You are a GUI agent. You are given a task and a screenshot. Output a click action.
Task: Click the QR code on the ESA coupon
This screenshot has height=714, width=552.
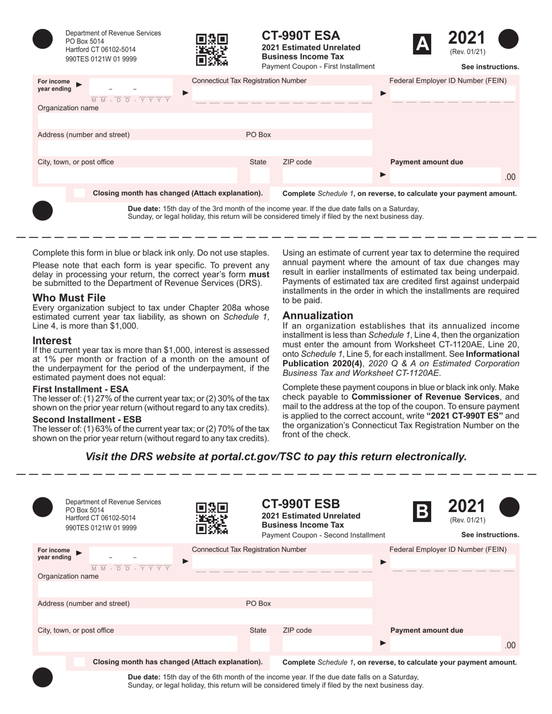click(212, 49)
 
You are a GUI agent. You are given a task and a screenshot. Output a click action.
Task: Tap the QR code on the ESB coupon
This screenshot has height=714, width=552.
click(212, 518)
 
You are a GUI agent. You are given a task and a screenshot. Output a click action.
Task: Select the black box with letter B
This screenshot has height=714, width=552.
click(422, 511)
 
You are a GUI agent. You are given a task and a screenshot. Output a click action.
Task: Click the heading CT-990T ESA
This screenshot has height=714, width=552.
click(301, 36)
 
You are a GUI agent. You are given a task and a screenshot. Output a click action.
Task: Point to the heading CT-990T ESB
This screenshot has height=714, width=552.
click(301, 504)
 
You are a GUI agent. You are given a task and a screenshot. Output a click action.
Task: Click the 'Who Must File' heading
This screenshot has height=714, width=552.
click(69, 298)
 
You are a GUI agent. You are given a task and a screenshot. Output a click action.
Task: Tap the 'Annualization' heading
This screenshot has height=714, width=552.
click(318, 316)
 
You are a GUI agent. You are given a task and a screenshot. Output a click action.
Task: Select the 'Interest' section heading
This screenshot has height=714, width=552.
click(52, 341)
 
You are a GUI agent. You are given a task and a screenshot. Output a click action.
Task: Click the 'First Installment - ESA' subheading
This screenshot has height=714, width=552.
click(81, 389)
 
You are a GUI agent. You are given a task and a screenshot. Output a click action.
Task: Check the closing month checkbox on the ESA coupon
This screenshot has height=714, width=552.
click(80, 193)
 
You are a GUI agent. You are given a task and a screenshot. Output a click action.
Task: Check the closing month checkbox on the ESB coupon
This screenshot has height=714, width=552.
click(80, 662)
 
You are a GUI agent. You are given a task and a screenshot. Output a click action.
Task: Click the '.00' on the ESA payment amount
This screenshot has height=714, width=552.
click(510, 177)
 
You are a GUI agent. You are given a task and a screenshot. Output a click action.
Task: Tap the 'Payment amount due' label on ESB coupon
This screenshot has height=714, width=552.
click(426, 630)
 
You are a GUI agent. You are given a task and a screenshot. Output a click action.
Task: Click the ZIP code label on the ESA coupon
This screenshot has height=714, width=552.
click(297, 162)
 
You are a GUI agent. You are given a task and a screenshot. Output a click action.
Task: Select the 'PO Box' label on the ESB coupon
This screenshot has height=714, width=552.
click(259, 604)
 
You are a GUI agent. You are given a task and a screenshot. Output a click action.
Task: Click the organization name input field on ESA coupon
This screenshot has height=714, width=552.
click(205, 121)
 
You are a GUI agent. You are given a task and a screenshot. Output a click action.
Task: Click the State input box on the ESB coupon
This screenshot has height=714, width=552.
click(260, 644)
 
